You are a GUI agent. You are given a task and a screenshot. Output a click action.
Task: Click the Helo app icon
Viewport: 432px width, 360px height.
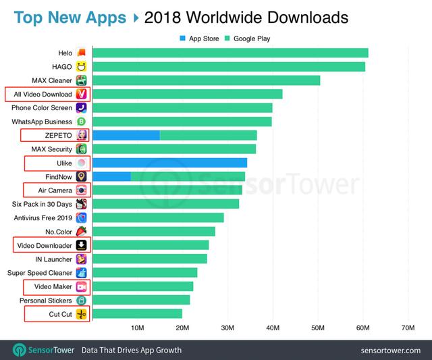click(x=81, y=53)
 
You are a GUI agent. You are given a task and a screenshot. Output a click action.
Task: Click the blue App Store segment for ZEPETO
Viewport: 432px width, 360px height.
click(x=126, y=135)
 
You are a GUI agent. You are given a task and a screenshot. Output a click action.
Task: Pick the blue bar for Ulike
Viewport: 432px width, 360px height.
click(x=169, y=163)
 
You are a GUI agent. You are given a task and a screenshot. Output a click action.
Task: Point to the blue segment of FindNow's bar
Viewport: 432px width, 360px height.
click(x=111, y=176)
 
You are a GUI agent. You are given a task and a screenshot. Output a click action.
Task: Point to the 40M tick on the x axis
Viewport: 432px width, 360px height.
click(x=273, y=328)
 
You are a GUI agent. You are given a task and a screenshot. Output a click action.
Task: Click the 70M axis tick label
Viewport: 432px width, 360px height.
click(x=408, y=328)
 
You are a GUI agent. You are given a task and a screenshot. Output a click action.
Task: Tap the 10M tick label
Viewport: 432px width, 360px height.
click(x=137, y=328)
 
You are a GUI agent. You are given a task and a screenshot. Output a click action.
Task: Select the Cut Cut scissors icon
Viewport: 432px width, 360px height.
click(x=81, y=313)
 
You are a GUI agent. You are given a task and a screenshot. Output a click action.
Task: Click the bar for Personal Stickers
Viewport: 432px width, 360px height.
click(x=141, y=300)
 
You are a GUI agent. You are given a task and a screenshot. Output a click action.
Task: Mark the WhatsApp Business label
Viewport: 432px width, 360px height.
click(x=42, y=122)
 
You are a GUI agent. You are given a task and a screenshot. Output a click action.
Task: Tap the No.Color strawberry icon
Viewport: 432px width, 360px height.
click(x=81, y=232)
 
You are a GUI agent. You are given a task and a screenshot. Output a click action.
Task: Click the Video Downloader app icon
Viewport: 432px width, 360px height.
click(x=81, y=245)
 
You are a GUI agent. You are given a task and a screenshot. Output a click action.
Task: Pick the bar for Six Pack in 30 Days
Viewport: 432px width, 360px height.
click(x=165, y=204)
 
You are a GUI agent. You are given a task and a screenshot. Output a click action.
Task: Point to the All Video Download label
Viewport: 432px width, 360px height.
click(x=42, y=94)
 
